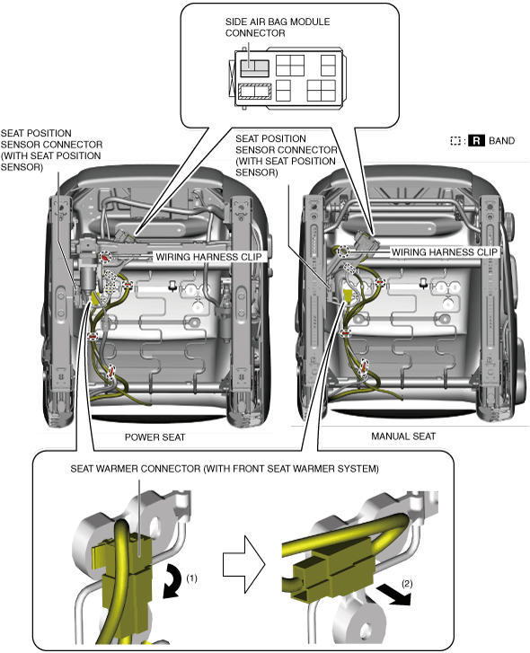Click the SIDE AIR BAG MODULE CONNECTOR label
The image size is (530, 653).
coord(278,28)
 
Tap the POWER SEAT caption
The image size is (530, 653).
coord(155,437)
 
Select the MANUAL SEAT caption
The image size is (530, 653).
coord(403,437)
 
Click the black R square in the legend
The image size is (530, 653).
coord(476,141)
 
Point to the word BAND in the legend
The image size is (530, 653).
coord(501,141)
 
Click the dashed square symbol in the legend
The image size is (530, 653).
coord(455,141)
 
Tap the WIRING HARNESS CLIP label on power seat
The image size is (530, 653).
coord(208,257)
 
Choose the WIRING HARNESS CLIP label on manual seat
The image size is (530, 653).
coord(445,252)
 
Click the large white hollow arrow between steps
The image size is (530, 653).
coord(244,564)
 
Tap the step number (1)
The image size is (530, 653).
coord(191,578)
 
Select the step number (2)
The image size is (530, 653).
coord(407,584)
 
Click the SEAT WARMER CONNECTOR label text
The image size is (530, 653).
coord(225,469)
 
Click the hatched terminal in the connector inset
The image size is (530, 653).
coord(254,92)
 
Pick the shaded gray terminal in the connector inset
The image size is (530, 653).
coord(254,68)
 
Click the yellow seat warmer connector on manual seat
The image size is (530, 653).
coord(347,296)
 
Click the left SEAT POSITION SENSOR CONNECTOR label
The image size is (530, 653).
coord(51,150)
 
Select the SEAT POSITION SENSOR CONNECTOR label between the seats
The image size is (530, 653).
coord(287,155)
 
